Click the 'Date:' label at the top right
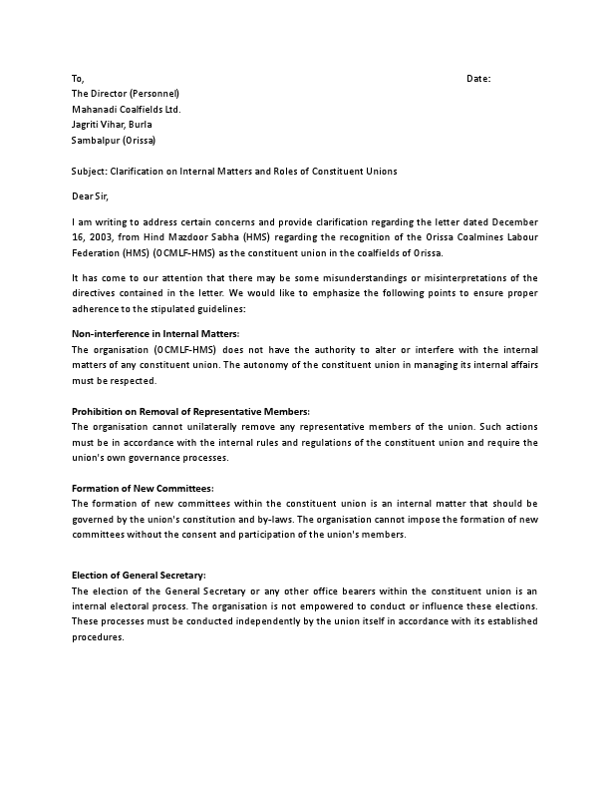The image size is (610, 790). click(x=478, y=78)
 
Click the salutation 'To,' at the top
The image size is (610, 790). click(x=78, y=78)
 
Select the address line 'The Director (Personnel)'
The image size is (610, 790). click(x=125, y=93)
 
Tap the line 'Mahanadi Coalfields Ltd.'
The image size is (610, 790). click(x=126, y=109)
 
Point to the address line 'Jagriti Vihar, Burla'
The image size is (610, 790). click(x=112, y=124)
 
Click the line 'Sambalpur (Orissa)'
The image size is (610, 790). click(x=113, y=140)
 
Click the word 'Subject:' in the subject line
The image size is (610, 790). click(x=90, y=171)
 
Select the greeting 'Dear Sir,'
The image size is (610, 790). click(x=92, y=196)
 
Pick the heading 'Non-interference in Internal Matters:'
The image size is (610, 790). click(x=155, y=333)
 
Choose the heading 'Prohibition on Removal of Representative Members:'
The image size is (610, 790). click(x=190, y=412)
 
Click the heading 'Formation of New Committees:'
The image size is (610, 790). click(x=143, y=489)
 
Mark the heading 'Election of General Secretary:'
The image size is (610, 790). click(x=140, y=576)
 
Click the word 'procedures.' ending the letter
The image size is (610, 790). click(x=98, y=636)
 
